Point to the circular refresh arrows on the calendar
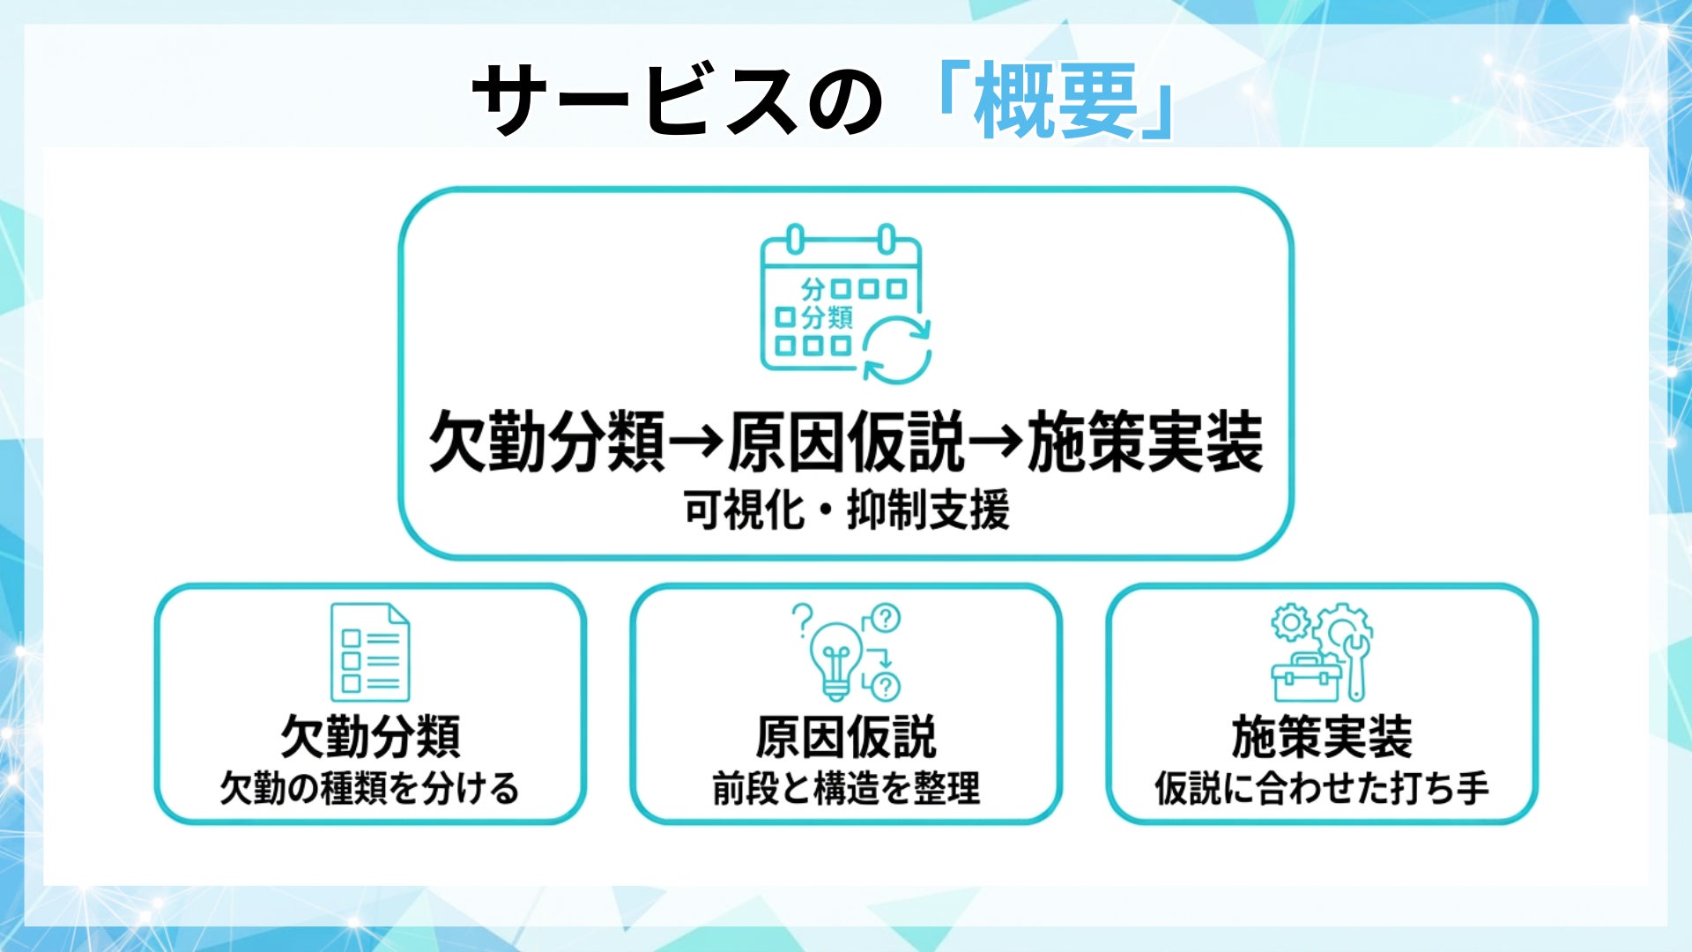[x=896, y=352]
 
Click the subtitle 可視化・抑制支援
[x=846, y=510]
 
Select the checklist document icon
[x=370, y=652]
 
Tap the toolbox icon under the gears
[x=1306, y=680]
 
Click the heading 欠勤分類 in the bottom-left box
[x=370, y=737]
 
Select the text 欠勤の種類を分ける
[x=370, y=788]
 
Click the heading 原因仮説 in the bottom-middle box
[x=846, y=737]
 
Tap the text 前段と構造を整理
[x=846, y=788]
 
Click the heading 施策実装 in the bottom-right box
[x=1322, y=737]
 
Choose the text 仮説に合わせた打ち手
[x=1322, y=788]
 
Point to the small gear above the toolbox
[x=1290, y=623]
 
